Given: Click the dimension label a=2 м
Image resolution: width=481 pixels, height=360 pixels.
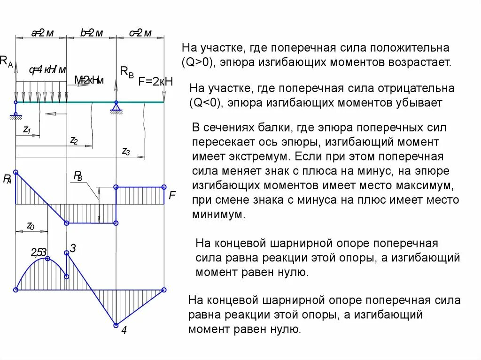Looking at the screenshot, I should pyautogui.click(x=42, y=33).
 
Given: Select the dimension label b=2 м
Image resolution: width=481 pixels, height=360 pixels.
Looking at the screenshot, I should pyautogui.click(x=91, y=33).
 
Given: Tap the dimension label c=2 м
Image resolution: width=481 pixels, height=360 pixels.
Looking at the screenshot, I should pyautogui.click(x=140, y=33).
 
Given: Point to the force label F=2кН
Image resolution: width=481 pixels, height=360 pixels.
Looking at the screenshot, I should pyautogui.click(x=156, y=81).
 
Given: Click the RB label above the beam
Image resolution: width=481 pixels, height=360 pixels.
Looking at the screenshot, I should pyautogui.click(x=127, y=71).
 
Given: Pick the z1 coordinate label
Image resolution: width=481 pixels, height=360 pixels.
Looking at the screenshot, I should pyautogui.click(x=27, y=131).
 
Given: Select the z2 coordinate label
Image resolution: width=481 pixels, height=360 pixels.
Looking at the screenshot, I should pyautogui.click(x=74, y=140).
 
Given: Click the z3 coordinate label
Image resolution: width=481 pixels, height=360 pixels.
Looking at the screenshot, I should pyautogui.click(x=125, y=151).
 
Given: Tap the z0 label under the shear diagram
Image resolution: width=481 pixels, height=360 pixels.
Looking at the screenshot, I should pyautogui.click(x=31, y=226).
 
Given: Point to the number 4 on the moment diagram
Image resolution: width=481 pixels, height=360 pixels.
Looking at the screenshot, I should pyautogui.click(x=124, y=330).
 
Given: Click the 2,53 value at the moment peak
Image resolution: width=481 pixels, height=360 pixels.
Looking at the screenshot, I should pyautogui.click(x=39, y=253).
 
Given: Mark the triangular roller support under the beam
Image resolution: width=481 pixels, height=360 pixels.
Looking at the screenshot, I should pyautogui.click(x=116, y=108).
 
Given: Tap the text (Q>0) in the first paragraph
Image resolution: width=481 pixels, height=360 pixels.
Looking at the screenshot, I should pyautogui.click(x=198, y=62).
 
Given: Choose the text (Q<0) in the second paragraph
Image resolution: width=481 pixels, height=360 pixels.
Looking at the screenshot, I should pyautogui.click(x=205, y=102).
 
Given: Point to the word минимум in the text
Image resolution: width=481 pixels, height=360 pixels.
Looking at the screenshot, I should pyautogui.click(x=218, y=214).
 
